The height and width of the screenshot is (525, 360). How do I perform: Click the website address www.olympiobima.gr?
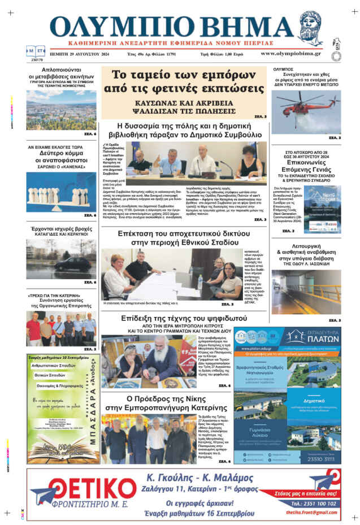[290, 54]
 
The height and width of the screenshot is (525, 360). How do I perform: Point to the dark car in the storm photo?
[79, 264]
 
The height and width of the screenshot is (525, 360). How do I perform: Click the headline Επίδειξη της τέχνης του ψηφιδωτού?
[182, 319]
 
